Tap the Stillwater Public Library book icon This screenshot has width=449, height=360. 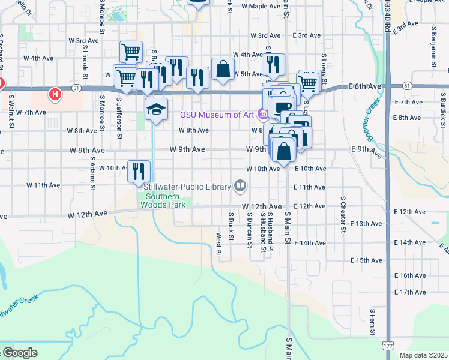pos(240,186)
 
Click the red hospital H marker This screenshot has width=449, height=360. pos(55,94)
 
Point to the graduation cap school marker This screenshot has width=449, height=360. pos(156,109)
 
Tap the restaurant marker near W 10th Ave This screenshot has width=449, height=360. pos(139,170)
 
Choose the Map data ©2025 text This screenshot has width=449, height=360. pos(423,355)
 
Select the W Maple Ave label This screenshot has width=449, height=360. pos(261,6)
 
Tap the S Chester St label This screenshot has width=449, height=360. pos(343,213)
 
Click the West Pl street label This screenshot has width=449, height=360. pos(219,244)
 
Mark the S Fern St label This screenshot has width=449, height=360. pos(372,324)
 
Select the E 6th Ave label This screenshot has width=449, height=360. pos(365,86)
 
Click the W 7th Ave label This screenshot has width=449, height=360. pos(31,112)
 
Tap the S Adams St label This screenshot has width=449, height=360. pos(92,173)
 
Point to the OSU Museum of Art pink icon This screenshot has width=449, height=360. pos(262,113)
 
